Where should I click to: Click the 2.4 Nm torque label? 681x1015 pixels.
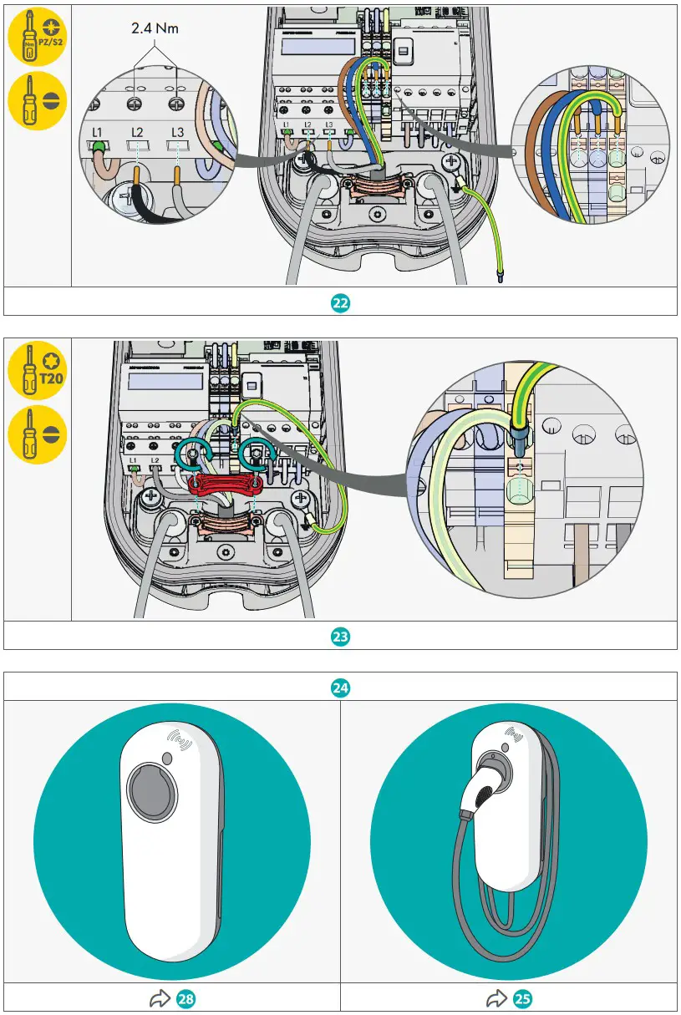(155, 28)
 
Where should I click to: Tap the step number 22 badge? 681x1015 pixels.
(340, 302)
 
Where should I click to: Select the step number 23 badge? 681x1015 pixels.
(340, 636)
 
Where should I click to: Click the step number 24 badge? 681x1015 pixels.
(340, 688)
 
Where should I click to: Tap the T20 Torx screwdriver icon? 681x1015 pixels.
(37, 370)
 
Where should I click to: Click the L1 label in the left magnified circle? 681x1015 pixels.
(98, 132)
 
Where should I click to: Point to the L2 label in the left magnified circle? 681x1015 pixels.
(138, 132)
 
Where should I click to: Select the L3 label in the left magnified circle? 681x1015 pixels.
(177, 132)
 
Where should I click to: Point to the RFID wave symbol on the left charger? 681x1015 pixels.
(180, 740)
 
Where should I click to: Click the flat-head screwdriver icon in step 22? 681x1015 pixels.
(37, 103)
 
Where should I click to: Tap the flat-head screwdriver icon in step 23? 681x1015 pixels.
(37, 435)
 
